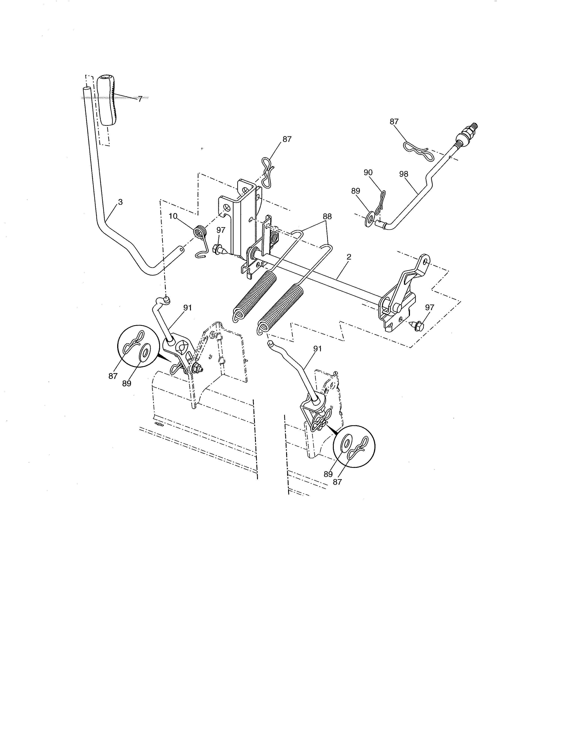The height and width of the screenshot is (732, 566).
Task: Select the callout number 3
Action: [x=120, y=202]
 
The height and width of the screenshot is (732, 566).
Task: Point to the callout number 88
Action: [x=327, y=216]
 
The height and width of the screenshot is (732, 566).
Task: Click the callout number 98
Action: [x=404, y=174]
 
